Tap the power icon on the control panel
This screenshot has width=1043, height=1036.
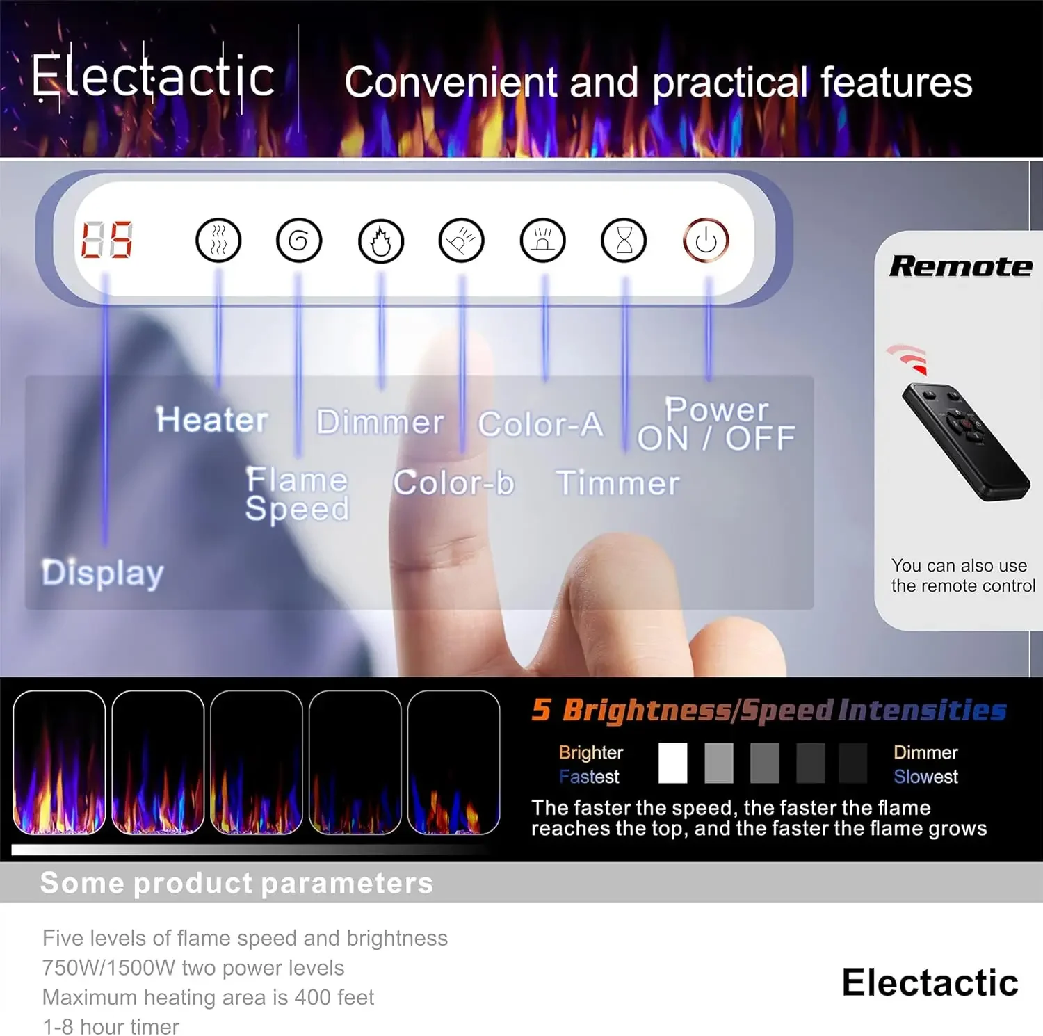click(x=706, y=241)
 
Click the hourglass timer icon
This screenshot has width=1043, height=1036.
click(x=624, y=241)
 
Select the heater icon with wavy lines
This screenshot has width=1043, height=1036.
click(x=218, y=241)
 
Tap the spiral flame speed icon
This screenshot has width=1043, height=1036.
click(x=299, y=241)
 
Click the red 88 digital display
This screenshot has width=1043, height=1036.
click(x=106, y=241)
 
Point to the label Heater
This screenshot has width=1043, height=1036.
click(x=212, y=420)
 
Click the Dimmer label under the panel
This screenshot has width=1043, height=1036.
click(x=380, y=422)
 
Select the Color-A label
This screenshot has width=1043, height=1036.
click(x=540, y=424)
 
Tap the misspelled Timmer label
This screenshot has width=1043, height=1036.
click(x=618, y=483)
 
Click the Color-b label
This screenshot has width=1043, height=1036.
click(x=453, y=483)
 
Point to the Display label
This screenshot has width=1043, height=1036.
click(x=102, y=574)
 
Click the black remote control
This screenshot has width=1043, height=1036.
click(x=965, y=442)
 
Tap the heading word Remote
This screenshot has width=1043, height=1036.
click(x=961, y=266)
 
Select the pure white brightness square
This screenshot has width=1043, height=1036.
click(x=672, y=763)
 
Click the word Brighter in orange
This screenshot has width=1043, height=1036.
click(x=591, y=752)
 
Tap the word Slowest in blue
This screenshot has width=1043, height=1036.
click(x=925, y=777)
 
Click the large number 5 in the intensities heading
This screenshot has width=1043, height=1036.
click(x=542, y=710)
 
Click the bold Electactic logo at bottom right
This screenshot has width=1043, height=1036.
click(x=930, y=982)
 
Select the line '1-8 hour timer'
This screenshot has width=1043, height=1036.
click(x=111, y=1026)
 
